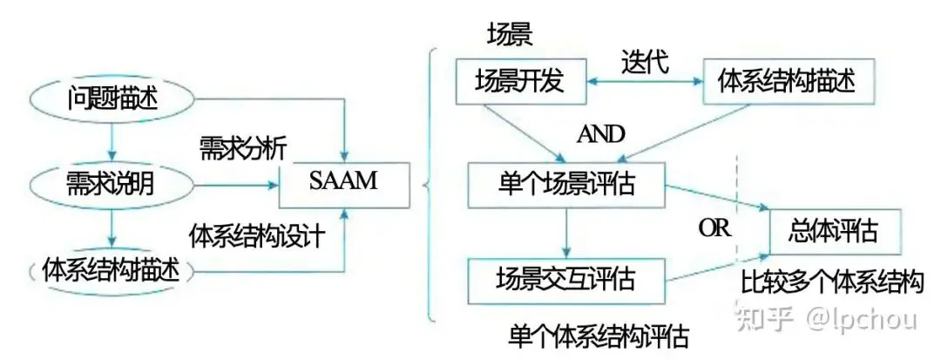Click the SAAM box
(x=342, y=183)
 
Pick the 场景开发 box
(x=519, y=82)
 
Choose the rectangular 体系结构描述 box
(x=787, y=82)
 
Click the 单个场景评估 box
(x=565, y=184)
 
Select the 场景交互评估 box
(x=565, y=279)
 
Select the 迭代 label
(x=644, y=62)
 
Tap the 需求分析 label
(x=242, y=146)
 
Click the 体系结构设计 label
(x=258, y=236)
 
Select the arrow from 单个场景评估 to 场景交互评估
(x=565, y=232)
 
